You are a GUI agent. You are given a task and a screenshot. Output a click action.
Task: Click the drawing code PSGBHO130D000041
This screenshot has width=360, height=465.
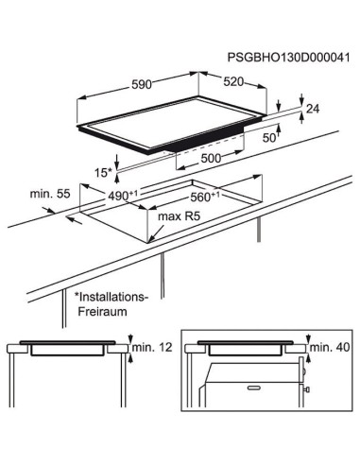pyautogui.click(x=288, y=58)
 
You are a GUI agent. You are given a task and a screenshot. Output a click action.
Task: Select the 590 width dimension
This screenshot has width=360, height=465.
pyautogui.click(x=142, y=84)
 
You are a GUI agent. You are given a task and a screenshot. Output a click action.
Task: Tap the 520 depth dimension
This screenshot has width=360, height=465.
pyautogui.click(x=233, y=82)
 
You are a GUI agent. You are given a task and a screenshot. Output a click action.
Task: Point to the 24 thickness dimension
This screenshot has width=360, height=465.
pyautogui.click(x=313, y=109)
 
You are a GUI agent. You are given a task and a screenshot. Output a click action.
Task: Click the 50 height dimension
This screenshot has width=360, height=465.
pyautogui.click(x=269, y=138)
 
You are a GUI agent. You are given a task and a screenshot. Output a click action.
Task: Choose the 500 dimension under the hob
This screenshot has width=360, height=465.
pyautogui.click(x=211, y=158)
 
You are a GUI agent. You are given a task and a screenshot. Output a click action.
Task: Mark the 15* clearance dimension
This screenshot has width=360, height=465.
pyautogui.click(x=103, y=172)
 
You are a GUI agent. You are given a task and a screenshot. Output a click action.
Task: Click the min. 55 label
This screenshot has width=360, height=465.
pyautogui.click(x=50, y=194)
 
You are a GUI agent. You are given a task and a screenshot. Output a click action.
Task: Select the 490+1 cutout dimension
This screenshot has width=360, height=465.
pyautogui.click(x=123, y=196)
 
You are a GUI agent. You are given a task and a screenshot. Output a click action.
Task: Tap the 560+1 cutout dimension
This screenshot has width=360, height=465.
pyautogui.click(x=205, y=197)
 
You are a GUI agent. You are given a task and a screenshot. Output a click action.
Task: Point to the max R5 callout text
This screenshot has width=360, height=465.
pyautogui.click(x=179, y=216)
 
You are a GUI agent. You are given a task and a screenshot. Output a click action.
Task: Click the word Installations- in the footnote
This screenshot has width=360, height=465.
pyautogui.click(x=111, y=297)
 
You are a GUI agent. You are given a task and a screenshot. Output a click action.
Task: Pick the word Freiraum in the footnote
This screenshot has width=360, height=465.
pyautogui.click(x=102, y=312)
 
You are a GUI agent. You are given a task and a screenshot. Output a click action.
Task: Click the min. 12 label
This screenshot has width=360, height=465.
pyautogui.click(x=152, y=348)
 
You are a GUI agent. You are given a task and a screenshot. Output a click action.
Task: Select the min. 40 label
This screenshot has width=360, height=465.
pyautogui.click(x=330, y=348)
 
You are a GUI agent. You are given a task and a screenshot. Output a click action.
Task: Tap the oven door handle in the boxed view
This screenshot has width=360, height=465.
pyautogui.click(x=254, y=387)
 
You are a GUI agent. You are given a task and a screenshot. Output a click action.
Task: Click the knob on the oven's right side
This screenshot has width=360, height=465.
pyautogui.click(x=306, y=389)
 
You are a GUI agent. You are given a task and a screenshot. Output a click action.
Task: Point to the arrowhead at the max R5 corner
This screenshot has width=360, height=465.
pyautogui.click(x=149, y=241)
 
